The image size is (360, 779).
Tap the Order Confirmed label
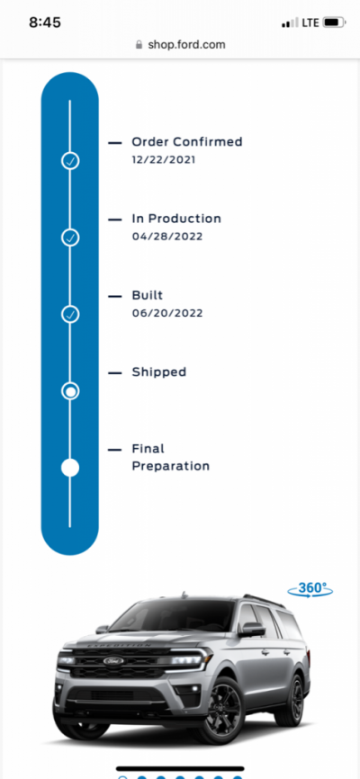pos(187,142)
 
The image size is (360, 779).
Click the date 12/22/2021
pos(164,160)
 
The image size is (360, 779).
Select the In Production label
pos(176,219)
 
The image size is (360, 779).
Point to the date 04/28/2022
pos(167,237)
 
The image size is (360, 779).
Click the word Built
pos(148,295)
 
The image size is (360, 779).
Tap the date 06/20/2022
pos(167,313)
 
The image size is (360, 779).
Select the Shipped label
pos(159,372)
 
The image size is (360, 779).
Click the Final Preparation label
pos(171,458)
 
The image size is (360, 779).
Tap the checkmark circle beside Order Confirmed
pos(70,160)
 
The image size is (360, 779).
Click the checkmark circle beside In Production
pos(70,237)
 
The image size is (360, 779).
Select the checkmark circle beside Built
pos(70,314)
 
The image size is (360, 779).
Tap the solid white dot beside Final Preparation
pos(70,468)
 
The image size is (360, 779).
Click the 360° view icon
pos(310,589)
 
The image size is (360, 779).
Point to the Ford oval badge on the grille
pos(113,661)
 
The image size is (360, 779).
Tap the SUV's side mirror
pos(252,629)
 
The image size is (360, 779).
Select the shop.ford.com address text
pos(186,45)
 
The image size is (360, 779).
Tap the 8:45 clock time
pos(45,22)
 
